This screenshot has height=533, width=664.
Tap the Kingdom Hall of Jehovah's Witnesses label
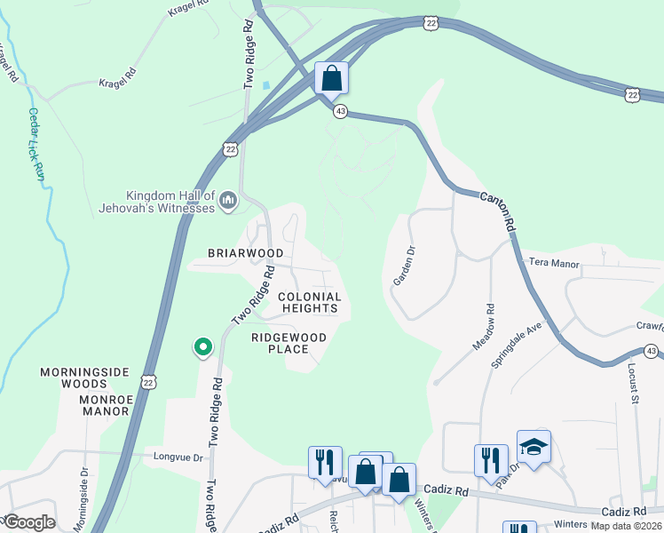coord(170,202)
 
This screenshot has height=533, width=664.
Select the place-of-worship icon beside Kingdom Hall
coord(228,202)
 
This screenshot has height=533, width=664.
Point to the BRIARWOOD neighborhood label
coord(245,253)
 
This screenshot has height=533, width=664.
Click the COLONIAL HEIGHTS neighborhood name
coord(310,303)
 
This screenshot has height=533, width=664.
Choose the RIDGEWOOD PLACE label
coord(289,343)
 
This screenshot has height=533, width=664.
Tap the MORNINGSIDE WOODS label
coord(84,378)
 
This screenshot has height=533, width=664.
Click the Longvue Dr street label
coord(178,458)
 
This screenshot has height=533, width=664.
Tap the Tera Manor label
coord(554,264)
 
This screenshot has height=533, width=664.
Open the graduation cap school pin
coord(534,447)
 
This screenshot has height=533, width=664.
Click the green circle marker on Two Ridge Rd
coord(203,347)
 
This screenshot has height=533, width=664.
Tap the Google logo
coord(28,522)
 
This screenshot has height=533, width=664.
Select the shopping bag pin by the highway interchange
coord(331,78)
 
